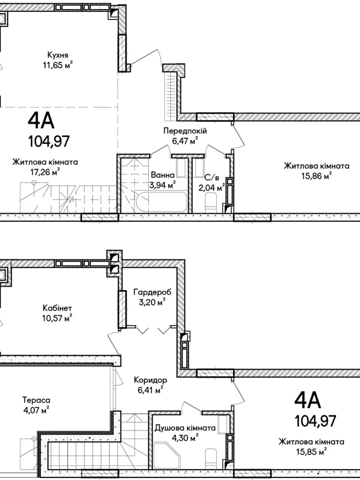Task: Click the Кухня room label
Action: (58, 55)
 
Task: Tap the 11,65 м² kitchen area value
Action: (57, 65)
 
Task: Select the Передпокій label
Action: (185, 131)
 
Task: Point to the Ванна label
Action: (163, 175)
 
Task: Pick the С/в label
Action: (211, 178)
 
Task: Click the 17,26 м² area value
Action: (45, 172)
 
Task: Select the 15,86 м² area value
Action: (316, 176)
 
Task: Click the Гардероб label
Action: (152, 292)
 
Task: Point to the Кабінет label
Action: (57, 308)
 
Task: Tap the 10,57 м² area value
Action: (57, 318)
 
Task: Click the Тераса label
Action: (36, 400)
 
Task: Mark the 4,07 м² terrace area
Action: (36, 411)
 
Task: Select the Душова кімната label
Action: (185, 428)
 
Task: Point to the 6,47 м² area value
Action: (185, 141)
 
